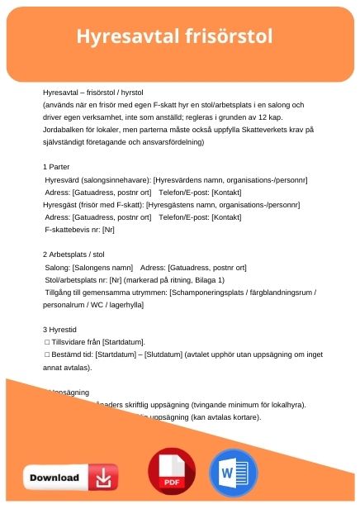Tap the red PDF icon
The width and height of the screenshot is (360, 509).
click(171, 473)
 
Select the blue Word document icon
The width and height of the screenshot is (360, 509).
click(234, 473)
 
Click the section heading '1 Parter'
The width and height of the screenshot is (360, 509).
click(59, 166)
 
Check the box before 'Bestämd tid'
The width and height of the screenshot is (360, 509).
click(47, 354)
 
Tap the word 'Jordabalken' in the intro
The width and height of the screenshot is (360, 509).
click(66, 129)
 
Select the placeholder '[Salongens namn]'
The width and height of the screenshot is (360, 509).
click(103, 269)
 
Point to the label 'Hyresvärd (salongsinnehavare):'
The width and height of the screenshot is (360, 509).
click(98, 178)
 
